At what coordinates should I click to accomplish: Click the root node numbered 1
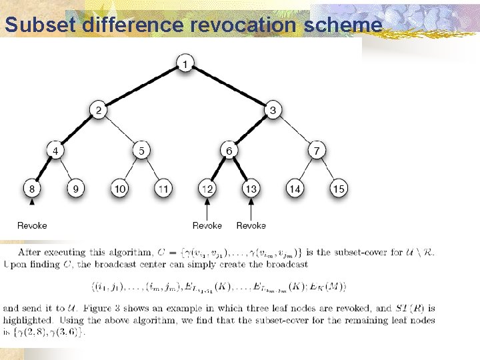185,64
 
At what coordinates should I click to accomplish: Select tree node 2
98,110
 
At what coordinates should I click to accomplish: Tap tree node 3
273,110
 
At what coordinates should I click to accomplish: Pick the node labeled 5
141,151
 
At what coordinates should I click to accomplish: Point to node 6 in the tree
229,151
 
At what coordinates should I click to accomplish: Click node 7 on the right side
317,151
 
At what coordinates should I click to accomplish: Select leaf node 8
32,189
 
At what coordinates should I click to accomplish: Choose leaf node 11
163,189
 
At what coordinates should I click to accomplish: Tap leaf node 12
207,189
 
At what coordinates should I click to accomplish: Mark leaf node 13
251,189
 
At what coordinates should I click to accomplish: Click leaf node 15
339,189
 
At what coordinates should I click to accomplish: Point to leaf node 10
120,189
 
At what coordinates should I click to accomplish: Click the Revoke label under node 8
32,225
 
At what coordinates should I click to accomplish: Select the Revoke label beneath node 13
251,225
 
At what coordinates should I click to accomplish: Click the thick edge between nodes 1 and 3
229,87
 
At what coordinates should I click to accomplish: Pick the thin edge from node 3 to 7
295,131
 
